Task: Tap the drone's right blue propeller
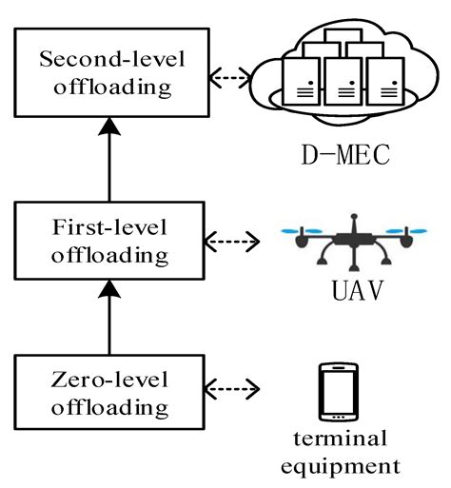pyautogui.click(x=410, y=231)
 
